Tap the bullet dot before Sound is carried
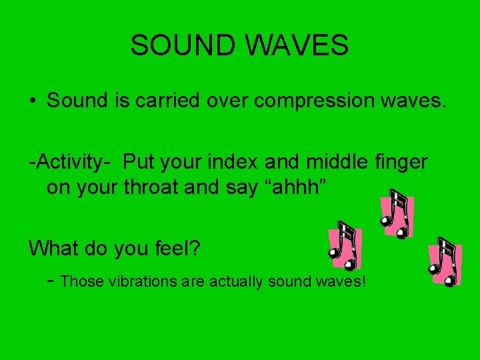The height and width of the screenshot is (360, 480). tap(32, 101)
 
